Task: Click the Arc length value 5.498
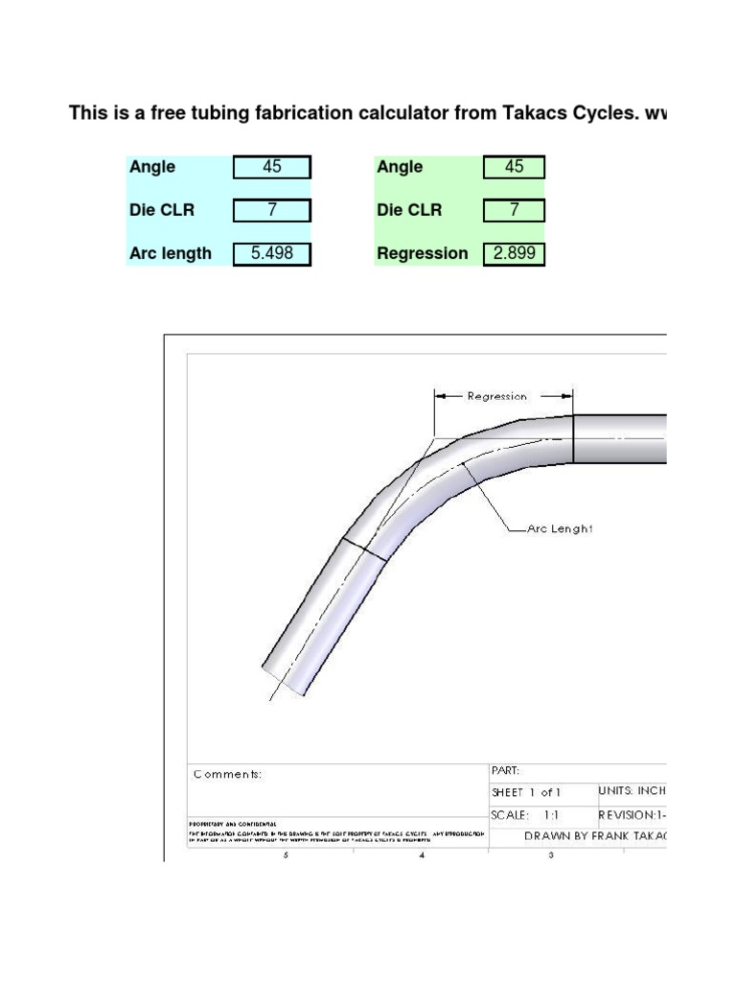click(271, 253)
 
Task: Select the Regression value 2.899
click(514, 253)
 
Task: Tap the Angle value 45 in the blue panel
click(271, 167)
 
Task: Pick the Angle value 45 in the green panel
click(514, 167)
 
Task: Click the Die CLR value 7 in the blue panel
click(271, 210)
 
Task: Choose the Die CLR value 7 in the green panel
click(514, 210)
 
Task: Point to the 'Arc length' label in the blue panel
click(171, 253)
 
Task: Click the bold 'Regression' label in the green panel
click(423, 253)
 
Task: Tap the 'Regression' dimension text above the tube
click(496, 395)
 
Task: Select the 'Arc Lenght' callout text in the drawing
click(561, 528)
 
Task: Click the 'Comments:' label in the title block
click(227, 774)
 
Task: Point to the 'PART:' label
click(505, 770)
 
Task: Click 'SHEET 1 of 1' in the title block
click(526, 793)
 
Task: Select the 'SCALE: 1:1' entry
click(526, 814)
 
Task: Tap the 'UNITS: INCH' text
click(632, 792)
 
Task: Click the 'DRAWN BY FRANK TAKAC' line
click(595, 836)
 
